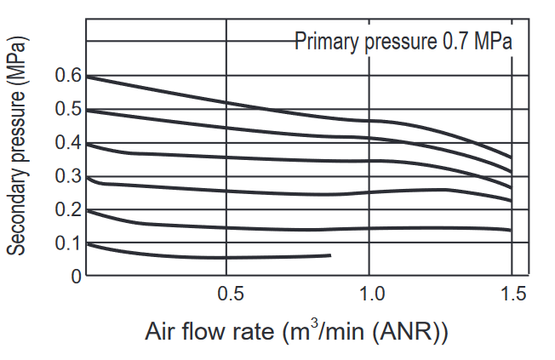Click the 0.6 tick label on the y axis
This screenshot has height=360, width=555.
point(68,75)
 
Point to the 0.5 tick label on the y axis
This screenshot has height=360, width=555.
point(68,108)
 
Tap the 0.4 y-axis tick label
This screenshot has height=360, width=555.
point(68,142)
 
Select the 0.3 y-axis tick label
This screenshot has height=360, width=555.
point(68,175)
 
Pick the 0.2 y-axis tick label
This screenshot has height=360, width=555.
point(68,209)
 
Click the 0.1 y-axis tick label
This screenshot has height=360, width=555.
point(68,243)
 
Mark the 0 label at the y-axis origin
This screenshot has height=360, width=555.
point(77,276)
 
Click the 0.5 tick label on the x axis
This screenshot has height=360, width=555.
point(231,294)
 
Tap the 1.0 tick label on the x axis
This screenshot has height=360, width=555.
point(372,294)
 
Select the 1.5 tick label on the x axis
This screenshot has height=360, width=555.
point(514,294)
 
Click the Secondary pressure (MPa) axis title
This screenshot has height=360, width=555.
point(16,146)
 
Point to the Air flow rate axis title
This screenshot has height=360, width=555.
point(296,330)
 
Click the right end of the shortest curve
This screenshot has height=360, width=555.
point(330,255)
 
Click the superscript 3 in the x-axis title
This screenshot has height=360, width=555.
point(313,323)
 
